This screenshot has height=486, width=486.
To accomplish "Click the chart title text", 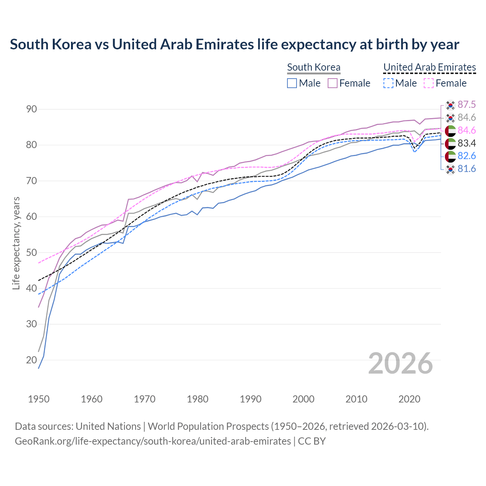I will [x=234, y=44].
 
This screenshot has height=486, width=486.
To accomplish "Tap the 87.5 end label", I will [x=467, y=104].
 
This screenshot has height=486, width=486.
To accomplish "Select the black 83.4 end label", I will [x=467, y=143].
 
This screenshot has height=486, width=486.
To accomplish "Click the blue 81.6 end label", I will [x=467, y=169].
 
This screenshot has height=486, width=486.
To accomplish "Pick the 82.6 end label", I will [x=467, y=156].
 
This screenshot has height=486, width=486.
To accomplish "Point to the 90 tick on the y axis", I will [x=32, y=109].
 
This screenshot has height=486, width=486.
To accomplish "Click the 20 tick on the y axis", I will [x=32, y=360].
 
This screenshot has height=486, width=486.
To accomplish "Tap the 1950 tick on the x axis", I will [x=39, y=399].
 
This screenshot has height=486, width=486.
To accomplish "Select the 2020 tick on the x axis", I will [x=409, y=399].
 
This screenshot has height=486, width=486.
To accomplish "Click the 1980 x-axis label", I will [x=197, y=399].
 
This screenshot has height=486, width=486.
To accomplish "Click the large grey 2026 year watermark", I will [x=401, y=363].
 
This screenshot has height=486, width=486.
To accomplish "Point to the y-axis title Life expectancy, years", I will [x=16, y=243].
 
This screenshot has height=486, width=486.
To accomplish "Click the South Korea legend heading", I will [x=314, y=67].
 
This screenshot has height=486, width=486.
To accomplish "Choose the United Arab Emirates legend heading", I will [x=429, y=67].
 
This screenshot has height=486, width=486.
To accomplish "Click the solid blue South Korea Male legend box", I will [x=292, y=83].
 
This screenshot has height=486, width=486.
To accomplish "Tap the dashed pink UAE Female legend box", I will [x=428, y=83].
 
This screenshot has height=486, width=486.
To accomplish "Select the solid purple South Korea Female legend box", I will [x=333, y=83].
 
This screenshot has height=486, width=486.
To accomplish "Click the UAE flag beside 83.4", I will [x=450, y=144].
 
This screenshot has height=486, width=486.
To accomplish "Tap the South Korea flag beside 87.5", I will [x=450, y=105].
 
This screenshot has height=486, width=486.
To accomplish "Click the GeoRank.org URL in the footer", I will [x=153, y=441].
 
